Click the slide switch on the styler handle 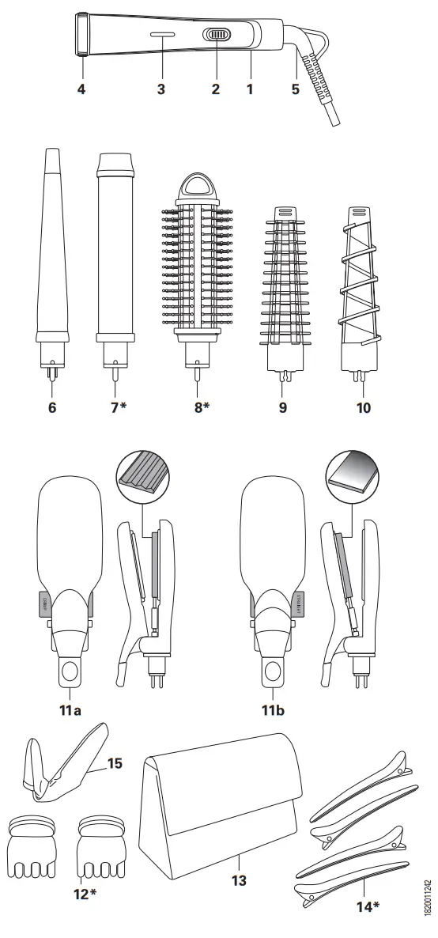click(216, 36)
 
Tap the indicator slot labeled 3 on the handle click(161, 35)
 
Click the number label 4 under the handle click(81, 89)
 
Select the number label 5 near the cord click(295, 89)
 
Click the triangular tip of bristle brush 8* click(195, 187)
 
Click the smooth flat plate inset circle click(352, 475)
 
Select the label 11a click(70, 709)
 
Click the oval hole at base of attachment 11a click(70, 672)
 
